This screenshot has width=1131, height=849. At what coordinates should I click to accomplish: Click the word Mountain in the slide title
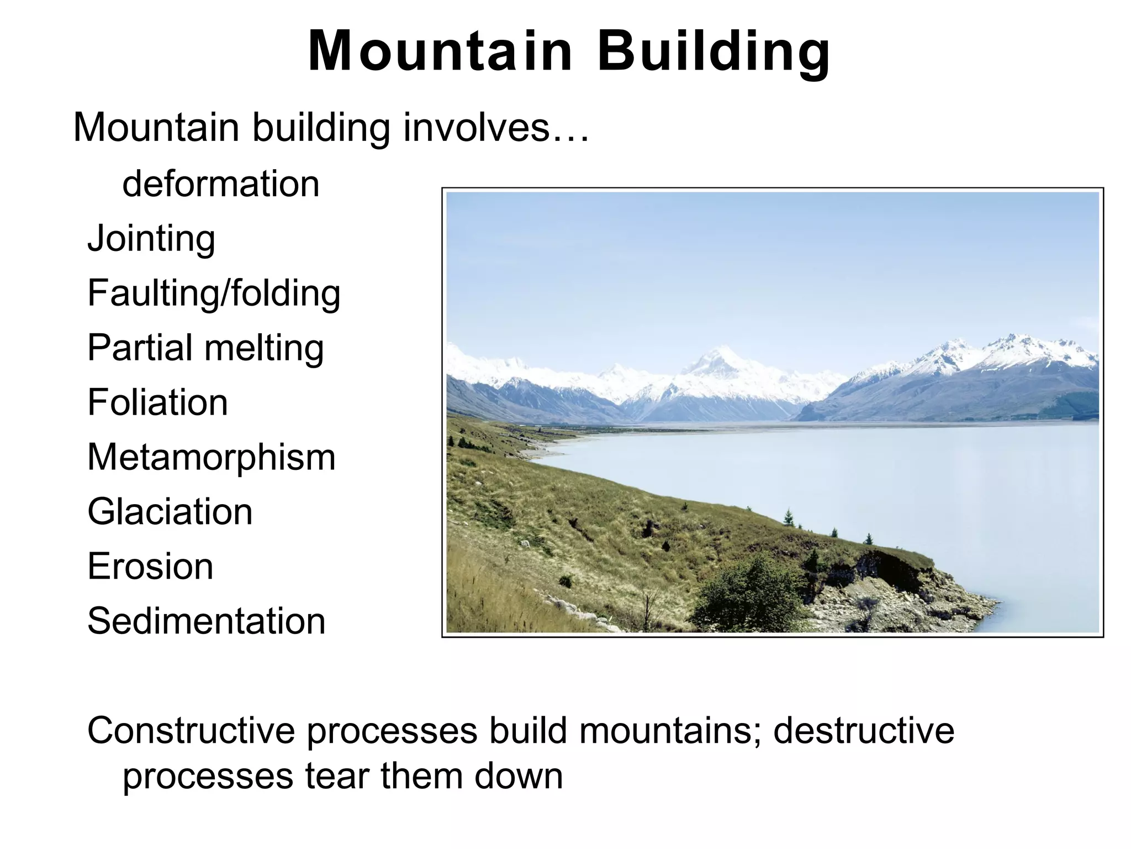[440, 51]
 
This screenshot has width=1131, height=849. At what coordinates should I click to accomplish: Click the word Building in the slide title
[714, 51]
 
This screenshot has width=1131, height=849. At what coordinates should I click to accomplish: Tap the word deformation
[221, 184]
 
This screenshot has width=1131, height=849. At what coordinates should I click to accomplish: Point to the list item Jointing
[151, 239]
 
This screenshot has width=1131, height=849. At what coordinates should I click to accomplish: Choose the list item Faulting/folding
[214, 294]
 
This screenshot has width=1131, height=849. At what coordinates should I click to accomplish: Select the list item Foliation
[157, 402]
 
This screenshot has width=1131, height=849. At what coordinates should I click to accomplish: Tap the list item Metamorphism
[211, 457]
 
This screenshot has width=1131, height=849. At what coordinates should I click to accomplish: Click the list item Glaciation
[170, 512]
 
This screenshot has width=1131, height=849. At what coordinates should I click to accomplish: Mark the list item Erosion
[150, 567]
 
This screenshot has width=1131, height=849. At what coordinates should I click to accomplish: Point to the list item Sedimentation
[206, 621]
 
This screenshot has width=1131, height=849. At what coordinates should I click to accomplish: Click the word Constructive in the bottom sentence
[191, 731]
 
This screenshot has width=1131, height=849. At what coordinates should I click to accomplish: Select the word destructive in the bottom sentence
[863, 731]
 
